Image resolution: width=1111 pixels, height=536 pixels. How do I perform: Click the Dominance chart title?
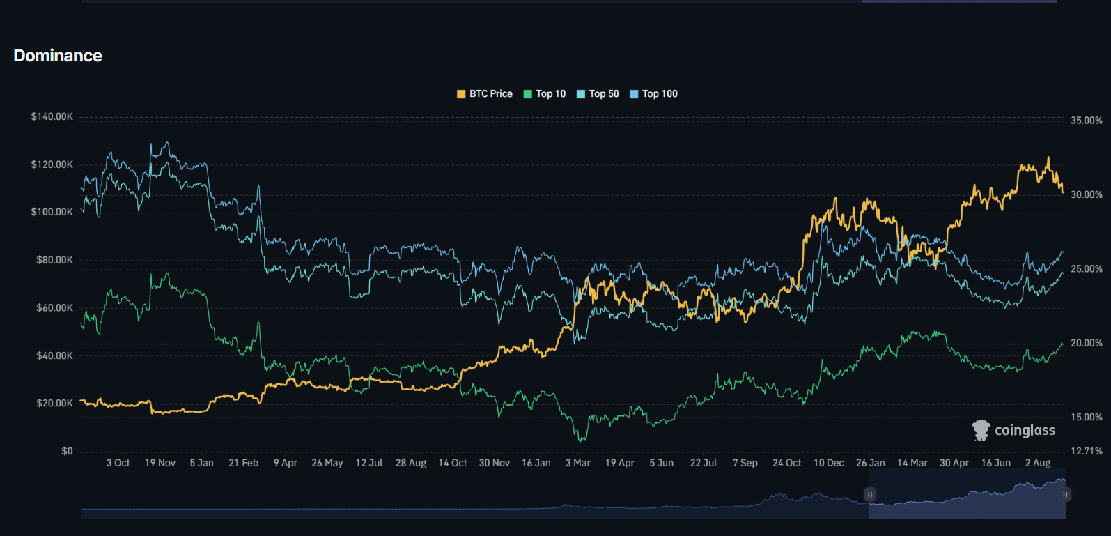58,56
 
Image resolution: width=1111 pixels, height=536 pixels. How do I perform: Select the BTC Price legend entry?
485,94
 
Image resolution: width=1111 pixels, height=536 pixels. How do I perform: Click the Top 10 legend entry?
545,94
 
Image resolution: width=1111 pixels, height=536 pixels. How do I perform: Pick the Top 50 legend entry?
598,94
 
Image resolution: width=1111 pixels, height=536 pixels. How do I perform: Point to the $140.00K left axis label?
52,116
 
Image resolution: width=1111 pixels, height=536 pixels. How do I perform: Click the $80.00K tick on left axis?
54,260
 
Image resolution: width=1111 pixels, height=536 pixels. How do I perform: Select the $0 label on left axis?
67,451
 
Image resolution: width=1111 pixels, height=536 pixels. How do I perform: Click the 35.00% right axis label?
1086,121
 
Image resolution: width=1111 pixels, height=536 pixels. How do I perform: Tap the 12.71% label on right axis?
1086,451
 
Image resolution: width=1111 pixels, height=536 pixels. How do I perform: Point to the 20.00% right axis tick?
1086,343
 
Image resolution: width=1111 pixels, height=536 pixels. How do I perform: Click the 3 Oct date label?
118,463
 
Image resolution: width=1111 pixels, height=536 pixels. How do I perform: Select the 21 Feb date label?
243,463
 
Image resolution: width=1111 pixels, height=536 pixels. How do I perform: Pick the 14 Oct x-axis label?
452,463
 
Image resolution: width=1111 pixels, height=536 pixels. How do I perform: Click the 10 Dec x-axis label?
828,463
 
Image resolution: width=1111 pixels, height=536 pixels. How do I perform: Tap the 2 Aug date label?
1037,463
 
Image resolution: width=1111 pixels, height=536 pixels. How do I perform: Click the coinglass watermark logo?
1013,430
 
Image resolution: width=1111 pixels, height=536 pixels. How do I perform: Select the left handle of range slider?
869,494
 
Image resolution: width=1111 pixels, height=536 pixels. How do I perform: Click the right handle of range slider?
1065,494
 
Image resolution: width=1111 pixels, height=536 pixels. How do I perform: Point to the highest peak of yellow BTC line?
1048,158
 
